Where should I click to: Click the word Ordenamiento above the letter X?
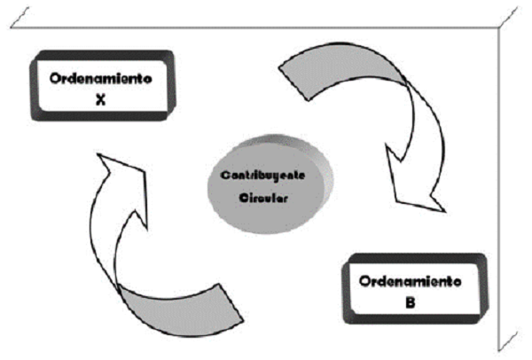[x=100, y=78]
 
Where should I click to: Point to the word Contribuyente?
[x=265, y=176]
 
